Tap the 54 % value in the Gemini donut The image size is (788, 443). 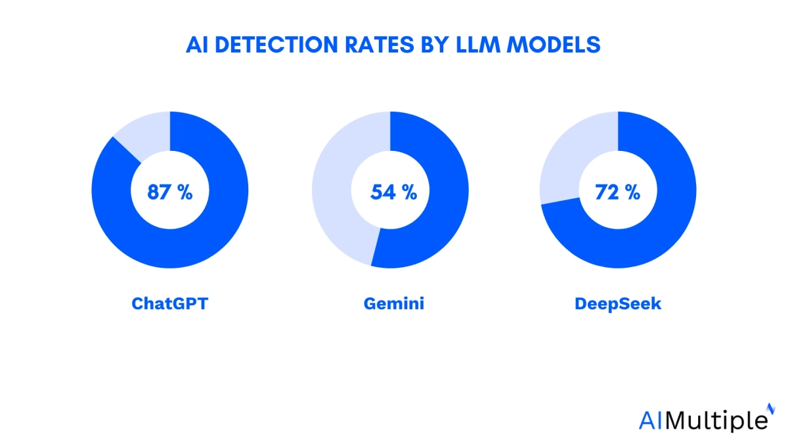pyautogui.click(x=393, y=192)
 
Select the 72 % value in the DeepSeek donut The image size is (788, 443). pyautogui.click(x=617, y=192)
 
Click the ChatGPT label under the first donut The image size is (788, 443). pyautogui.click(x=170, y=304)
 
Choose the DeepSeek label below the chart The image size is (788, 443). pyautogui.click(x=617, y=304)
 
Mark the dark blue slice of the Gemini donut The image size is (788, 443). pyautogui.click(x=447, y=210)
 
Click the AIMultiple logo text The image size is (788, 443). pyautogui.click(x=702, y=419)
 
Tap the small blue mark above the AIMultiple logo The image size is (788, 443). pyautogui.click(x=771, y=408)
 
